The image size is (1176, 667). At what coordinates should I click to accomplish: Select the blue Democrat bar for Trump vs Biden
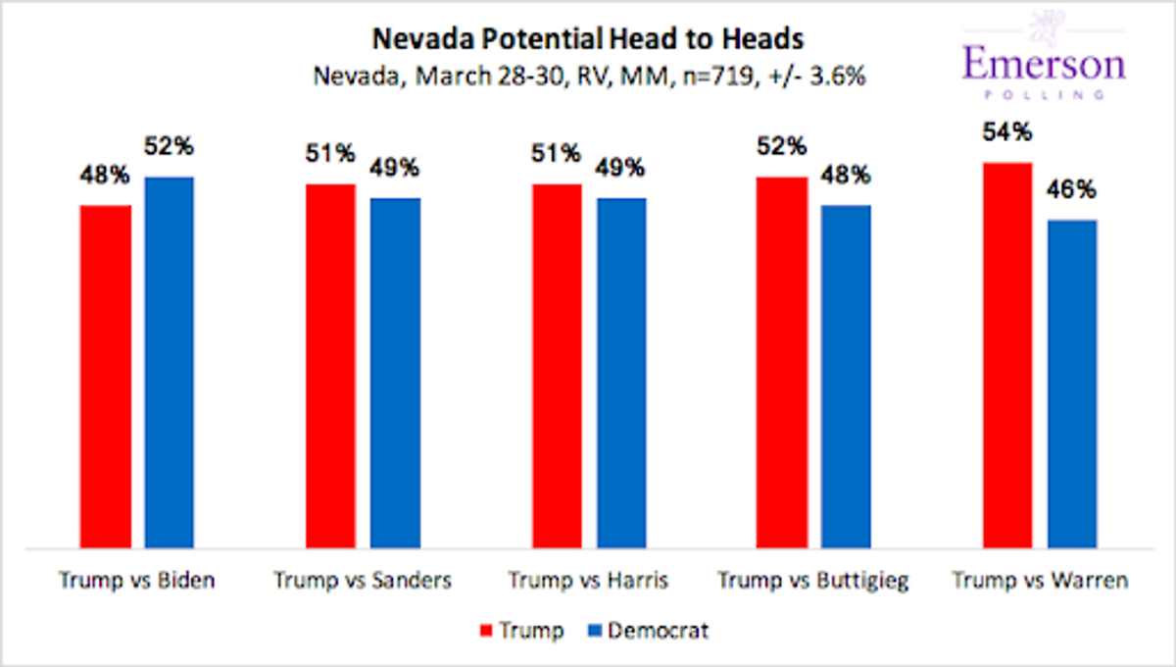pos(170,362)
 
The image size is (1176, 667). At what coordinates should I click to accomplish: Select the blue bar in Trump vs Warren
pos(1072,384)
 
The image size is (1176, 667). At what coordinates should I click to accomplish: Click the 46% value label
pos(1072,189)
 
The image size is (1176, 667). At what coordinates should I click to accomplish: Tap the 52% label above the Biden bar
pos(170,147)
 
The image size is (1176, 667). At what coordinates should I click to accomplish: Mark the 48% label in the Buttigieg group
pos(846,175)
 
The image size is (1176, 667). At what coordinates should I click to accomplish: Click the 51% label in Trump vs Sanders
pos(330,154)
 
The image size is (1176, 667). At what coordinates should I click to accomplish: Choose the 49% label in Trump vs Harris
pos(621,168)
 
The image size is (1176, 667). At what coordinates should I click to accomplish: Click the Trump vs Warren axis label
pos(1040,581)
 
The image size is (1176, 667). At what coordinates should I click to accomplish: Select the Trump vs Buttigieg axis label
pos(813,581)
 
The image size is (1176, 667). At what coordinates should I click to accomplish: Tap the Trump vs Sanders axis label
pos(363,581)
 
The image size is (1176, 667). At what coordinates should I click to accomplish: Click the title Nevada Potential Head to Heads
pos(588,39)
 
